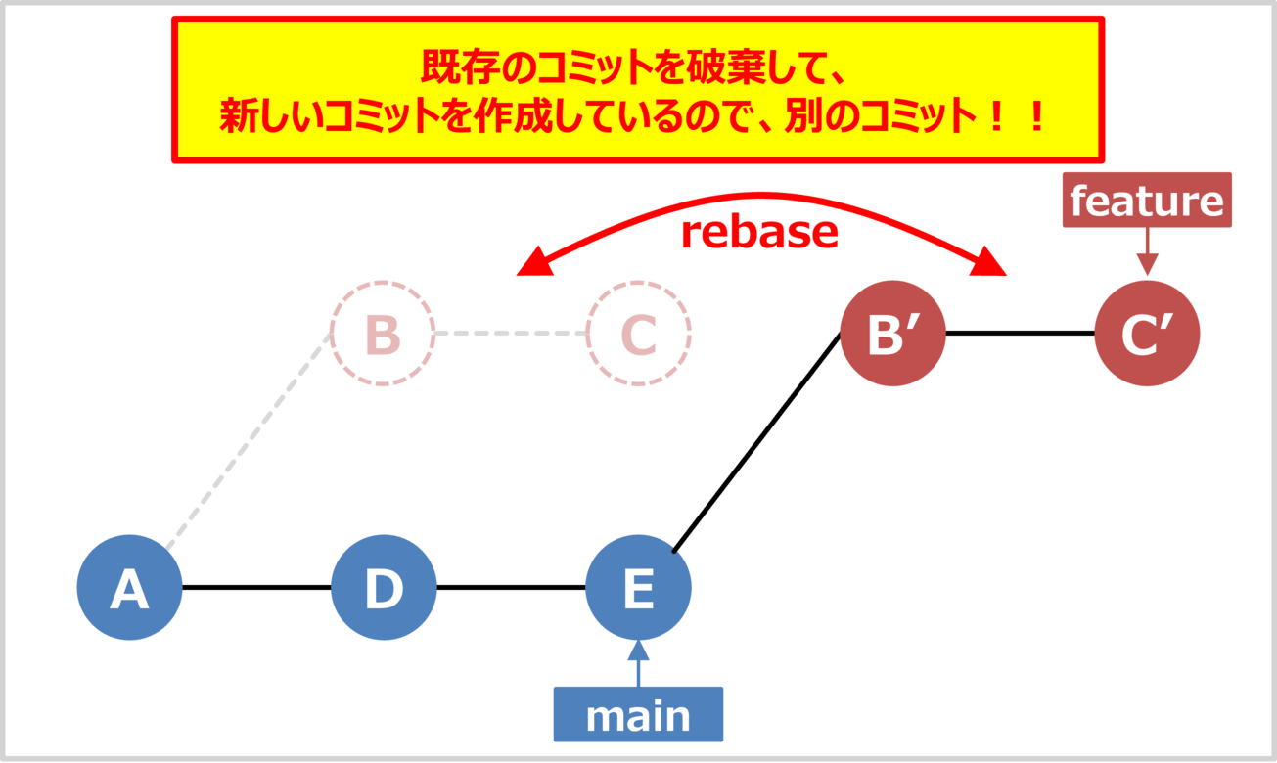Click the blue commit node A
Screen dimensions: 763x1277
point(129,588)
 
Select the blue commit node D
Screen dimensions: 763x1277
point(383,588)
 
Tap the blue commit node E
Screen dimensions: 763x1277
point(638,588)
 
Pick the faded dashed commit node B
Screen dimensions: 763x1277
point(383,334)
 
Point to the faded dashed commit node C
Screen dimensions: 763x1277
point(638,334)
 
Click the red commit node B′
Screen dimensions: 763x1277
point(892,334)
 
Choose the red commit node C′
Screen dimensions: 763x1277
point(1147,334)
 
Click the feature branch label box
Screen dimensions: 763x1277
point(1147,201)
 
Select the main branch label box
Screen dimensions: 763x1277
point(638,715)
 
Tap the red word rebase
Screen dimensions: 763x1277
point(759,232)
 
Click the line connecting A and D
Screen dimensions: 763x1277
point(256,588)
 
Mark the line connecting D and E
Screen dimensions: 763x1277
point(510,588)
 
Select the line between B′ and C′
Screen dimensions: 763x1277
point(1020,334)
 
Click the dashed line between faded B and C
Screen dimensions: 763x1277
point(510,334)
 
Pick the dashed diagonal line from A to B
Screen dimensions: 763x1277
point(250,441)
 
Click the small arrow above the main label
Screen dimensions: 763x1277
point(638,663)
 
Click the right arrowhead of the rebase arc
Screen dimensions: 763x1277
point(991,261)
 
